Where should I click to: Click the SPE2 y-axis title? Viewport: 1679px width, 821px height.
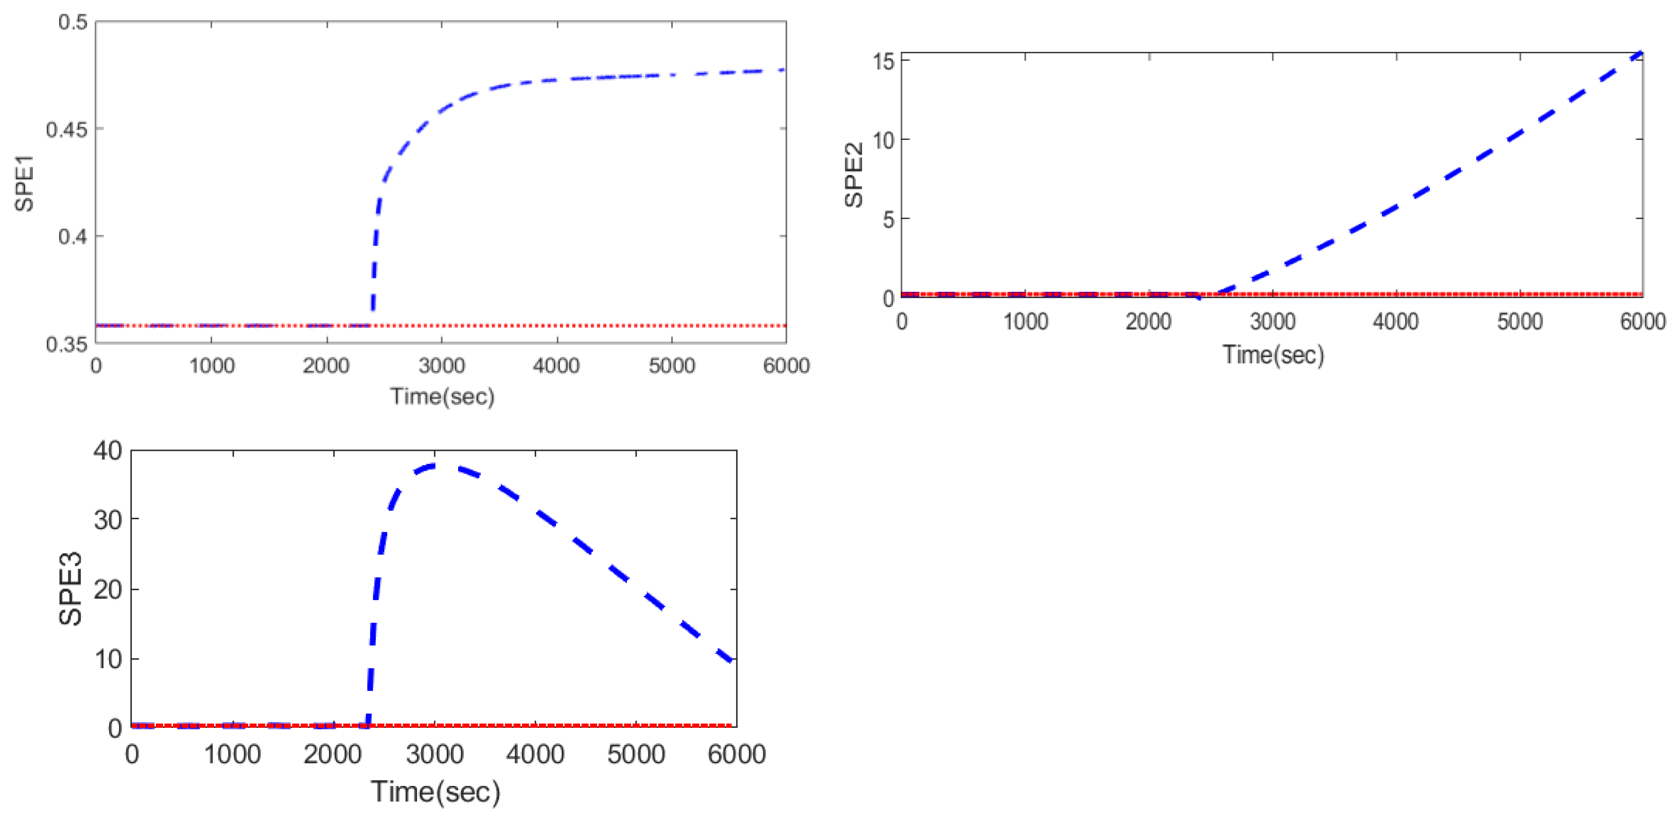(854, 174)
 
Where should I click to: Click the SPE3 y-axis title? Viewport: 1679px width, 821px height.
(71, 588)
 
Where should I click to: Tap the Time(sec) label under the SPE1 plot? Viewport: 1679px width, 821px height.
(442, 396)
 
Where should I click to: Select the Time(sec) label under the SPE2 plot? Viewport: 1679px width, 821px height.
(1273, 355)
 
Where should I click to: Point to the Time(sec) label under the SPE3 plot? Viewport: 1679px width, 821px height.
(435, 792)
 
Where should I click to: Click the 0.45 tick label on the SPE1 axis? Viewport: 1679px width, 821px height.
(66, 129)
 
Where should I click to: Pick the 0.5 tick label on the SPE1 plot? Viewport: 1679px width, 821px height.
(73, 22)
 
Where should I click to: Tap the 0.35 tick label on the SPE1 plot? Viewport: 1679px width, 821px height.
(66, 344)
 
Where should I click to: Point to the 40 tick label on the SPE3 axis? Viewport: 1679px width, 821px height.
(108, 450)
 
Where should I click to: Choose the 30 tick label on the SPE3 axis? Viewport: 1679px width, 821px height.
(108, 519)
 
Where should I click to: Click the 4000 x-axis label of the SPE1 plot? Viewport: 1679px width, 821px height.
(556, 365)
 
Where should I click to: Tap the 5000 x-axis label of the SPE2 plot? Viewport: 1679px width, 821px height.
(1519, 321)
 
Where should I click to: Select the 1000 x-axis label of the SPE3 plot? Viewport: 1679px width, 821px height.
(232, 754)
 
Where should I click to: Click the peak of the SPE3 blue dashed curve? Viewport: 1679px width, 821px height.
(435, 465)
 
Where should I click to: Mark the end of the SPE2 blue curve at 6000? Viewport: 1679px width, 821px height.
(1640, 53)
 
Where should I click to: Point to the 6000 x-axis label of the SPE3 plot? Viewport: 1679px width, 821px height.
(737, 754)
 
